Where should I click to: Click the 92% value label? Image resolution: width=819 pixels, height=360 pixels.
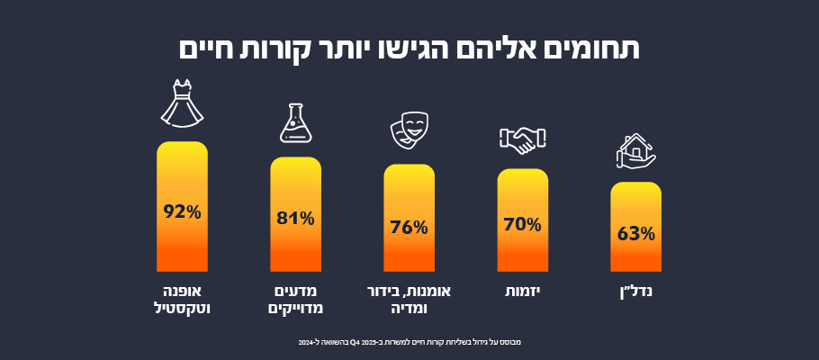click(x=182, y=212)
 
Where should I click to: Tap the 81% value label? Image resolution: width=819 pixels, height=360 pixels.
click(x=295, y=218)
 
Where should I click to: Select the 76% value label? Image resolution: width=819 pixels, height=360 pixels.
click(x=409, y=227)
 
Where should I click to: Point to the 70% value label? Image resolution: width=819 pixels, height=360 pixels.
click(x=522, y=224)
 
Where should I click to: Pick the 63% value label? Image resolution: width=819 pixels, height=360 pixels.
click(x=635, y=234)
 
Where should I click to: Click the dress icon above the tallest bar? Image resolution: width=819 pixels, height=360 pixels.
click(x=182, y=102)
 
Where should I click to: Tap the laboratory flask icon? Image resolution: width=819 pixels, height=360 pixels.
click(x=295, y=122)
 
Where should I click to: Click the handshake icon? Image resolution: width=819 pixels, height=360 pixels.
click(x=522, y=139)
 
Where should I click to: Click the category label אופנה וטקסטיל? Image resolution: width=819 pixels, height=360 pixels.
click(x=182, y=300)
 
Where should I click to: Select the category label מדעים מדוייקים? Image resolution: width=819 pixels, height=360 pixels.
click(x=296, y=300)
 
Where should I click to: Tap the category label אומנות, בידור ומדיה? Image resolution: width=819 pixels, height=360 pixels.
click(x=409, y=300)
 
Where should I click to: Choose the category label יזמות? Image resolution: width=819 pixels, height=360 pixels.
click(x=523, y=292)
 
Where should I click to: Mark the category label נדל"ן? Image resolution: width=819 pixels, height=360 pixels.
click(x=636, y=292)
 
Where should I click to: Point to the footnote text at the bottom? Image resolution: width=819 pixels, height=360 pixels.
click(x=409, y=342)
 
